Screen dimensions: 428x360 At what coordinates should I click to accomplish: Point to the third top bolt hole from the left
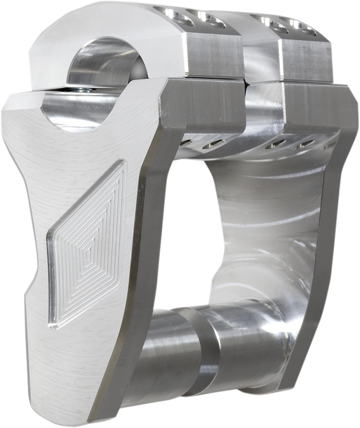click(x=271, y=22)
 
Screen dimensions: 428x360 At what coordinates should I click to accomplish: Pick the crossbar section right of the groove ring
click(x=240, y=359)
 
